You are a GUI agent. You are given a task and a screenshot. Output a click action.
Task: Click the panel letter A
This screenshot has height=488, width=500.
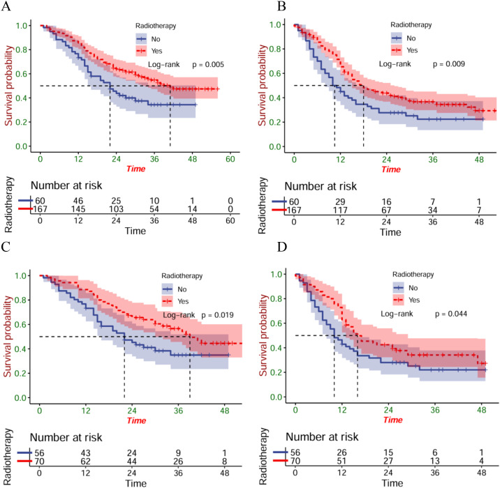[6, 6]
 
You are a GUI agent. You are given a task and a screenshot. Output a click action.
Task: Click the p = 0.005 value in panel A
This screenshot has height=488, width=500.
[208, 65]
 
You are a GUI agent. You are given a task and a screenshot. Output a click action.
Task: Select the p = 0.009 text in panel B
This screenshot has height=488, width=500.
[448, 64]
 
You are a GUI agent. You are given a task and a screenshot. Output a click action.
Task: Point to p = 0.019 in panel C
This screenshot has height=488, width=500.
[217, 315]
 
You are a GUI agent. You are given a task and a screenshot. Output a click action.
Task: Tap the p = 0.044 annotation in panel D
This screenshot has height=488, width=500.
[451, 314]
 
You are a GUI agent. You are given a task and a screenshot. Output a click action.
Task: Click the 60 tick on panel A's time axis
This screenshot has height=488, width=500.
[230, 159]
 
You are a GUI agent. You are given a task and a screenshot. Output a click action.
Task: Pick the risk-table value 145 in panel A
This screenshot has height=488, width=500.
[78, 209]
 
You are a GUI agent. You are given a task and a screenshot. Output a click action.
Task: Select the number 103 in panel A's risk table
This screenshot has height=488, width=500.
[116, 209]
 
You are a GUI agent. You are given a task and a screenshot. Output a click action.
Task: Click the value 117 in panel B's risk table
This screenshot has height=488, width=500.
[340, 210]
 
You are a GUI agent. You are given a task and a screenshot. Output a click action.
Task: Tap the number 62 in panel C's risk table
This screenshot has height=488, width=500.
[85, 462]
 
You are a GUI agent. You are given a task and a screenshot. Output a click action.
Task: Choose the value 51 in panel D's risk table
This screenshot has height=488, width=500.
[341, 461]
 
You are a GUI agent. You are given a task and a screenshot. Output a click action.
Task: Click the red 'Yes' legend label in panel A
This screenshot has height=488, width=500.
[156, 51]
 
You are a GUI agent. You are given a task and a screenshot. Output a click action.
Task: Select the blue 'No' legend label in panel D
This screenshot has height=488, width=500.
[413, 288]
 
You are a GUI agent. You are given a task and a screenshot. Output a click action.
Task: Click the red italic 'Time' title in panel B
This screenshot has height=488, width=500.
[391, 169]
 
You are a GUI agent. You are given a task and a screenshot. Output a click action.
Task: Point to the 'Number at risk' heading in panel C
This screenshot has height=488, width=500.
[66, 438]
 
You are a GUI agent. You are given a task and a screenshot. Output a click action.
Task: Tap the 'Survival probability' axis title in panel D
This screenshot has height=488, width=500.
[263, 335]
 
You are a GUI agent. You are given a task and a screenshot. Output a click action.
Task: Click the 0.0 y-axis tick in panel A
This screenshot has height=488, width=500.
[22, 146]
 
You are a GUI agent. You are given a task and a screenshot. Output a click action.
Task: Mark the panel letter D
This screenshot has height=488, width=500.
[282, 247]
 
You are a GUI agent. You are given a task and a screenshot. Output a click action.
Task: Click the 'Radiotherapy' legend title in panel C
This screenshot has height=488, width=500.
[182, 276]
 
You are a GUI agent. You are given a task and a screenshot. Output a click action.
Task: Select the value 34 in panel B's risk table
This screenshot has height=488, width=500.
[433, 210]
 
